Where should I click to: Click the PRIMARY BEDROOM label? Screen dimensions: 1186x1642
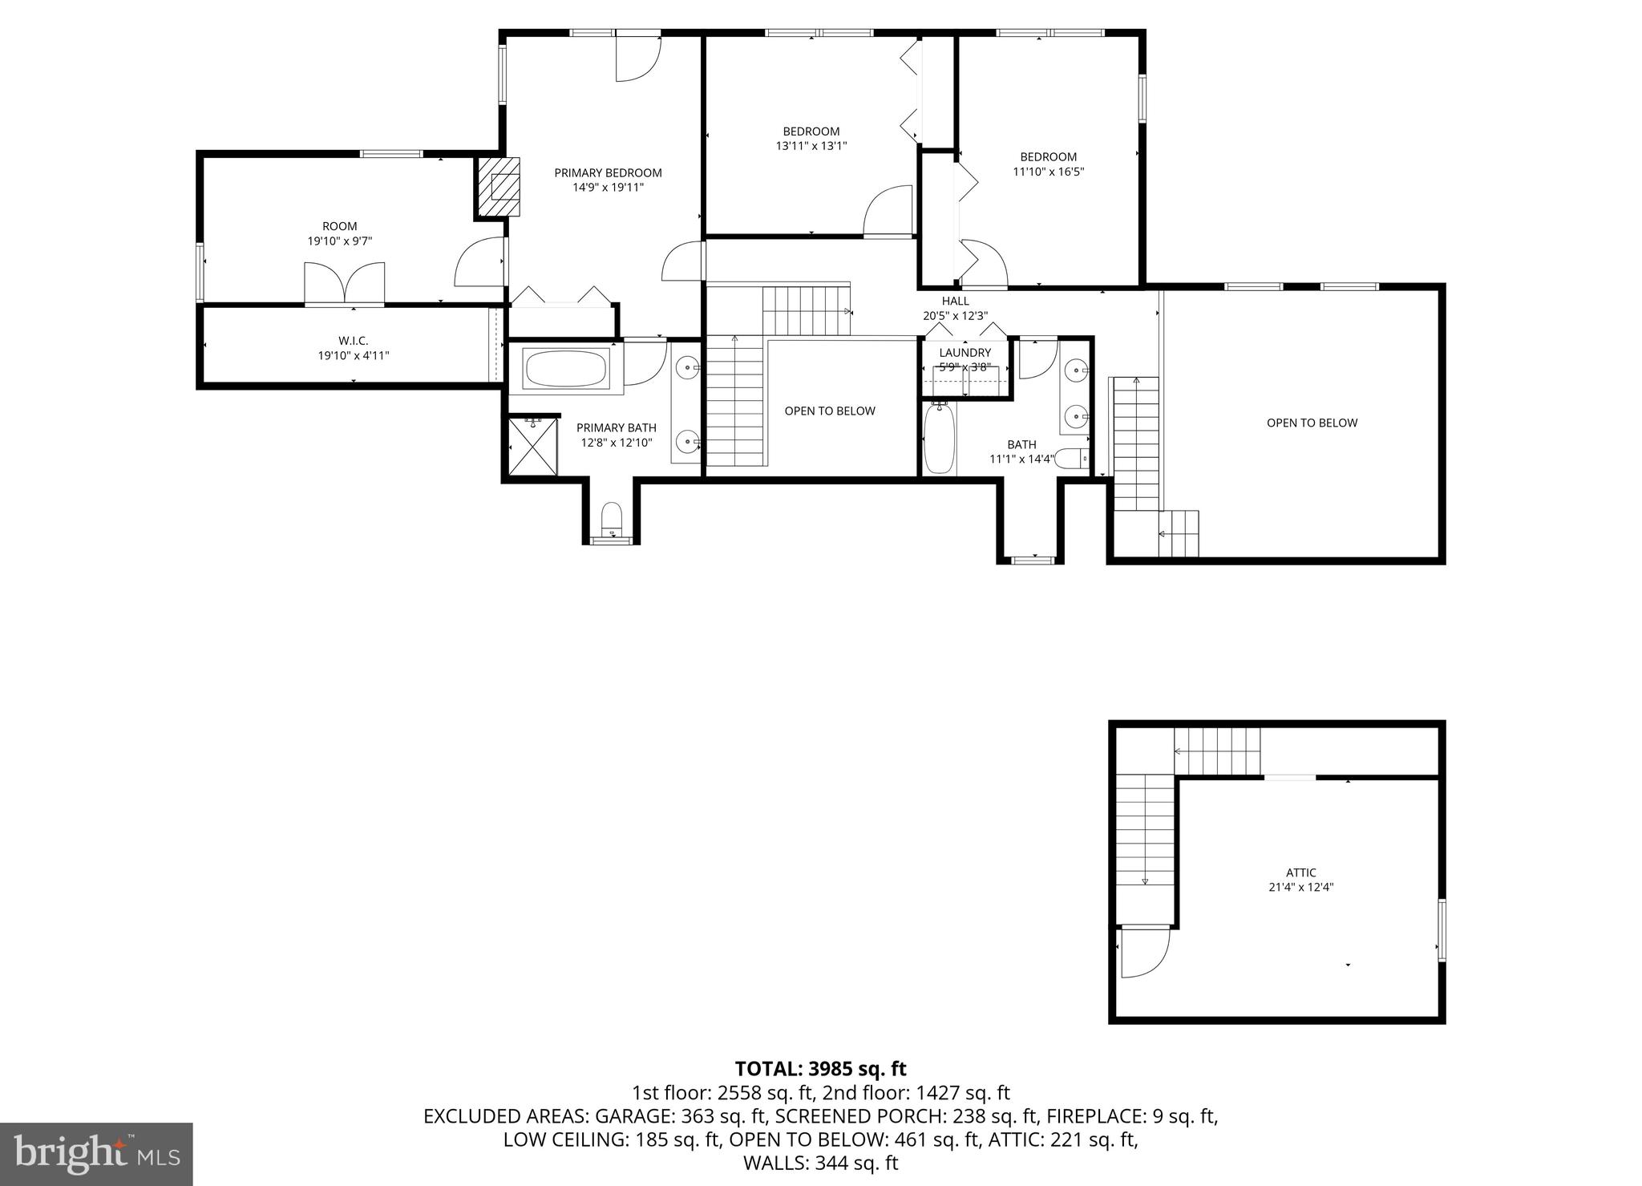pos(608,172)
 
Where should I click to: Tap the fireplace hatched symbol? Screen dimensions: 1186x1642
pos(499,187)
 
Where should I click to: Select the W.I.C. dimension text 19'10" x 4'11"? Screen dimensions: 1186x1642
pos(354,355)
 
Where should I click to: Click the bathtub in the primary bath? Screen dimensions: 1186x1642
pos(566,368)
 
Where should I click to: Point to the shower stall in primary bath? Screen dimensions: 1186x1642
pos(533,447)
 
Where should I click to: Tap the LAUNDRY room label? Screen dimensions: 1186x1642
pos(965,353)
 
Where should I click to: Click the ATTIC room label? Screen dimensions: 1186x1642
pos(1301,872)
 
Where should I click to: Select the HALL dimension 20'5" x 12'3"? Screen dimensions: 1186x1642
pos(955,316)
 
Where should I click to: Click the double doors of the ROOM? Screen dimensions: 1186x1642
pos(344,284)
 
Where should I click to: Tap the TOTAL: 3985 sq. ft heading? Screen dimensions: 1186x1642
pos(820,1068)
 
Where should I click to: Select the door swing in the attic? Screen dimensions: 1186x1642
pos(1143,952)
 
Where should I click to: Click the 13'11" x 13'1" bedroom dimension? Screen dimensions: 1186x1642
pos(811,146)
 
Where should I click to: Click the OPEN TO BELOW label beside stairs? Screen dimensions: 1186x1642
pos(830,411)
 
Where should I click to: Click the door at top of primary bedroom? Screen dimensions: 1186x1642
pos(637,58)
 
